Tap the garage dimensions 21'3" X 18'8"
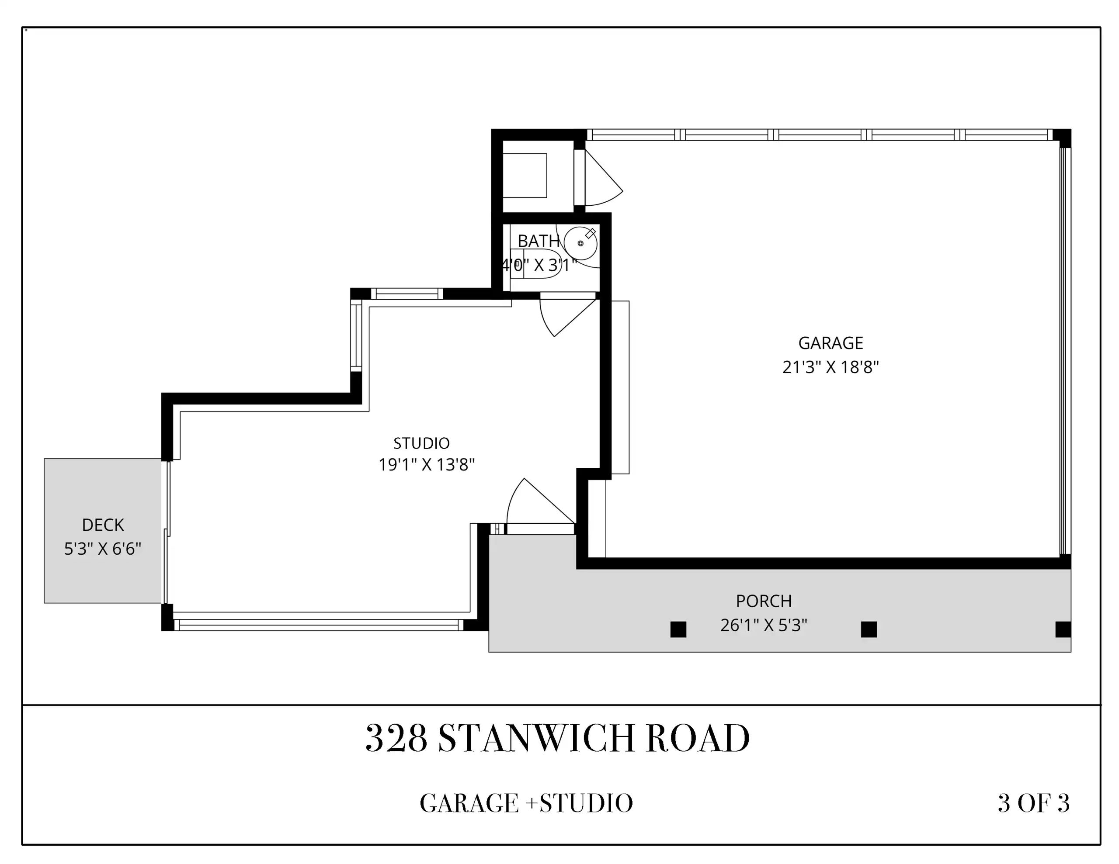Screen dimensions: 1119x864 point(831,367)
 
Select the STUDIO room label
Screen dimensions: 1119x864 point(421,443)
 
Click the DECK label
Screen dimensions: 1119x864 point(103,525)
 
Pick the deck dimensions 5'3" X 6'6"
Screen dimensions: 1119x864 point(102,549)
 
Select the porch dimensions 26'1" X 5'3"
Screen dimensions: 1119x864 point(764,626)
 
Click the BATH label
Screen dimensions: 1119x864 point(539,241)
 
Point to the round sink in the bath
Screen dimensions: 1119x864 point(580,243)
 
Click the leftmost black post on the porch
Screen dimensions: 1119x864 point(678,629)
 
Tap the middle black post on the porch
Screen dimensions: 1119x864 point(869,629)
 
